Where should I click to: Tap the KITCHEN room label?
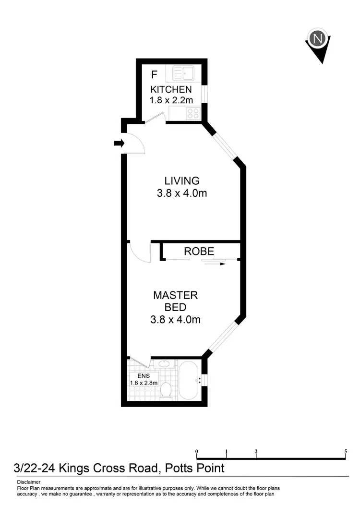(171, 90)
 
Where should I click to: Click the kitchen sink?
(183, 73)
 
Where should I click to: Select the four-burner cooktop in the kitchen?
(193, 114)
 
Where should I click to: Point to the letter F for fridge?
(154, 75)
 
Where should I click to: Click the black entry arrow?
(119, 143)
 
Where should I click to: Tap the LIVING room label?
(181, 181)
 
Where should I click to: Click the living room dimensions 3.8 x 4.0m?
(181, 193)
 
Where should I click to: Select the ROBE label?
(199, 251)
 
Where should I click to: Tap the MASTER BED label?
(175, 301)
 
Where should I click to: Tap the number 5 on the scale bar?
(346, 451)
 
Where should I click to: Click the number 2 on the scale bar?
(256, 451)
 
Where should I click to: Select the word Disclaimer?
(28, 482)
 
